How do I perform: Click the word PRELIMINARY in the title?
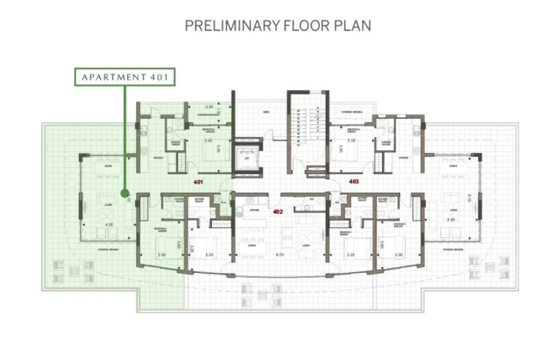[x=232, y=26]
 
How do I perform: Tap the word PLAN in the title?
[x=352, y=26]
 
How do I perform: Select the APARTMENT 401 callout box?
[x=124, y=77]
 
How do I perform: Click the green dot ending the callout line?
[x=125, y=193]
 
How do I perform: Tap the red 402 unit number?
[x=277, y=211]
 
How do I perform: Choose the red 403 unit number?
[x=354, y=181]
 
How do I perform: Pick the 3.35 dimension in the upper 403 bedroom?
[x=351, y=141]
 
